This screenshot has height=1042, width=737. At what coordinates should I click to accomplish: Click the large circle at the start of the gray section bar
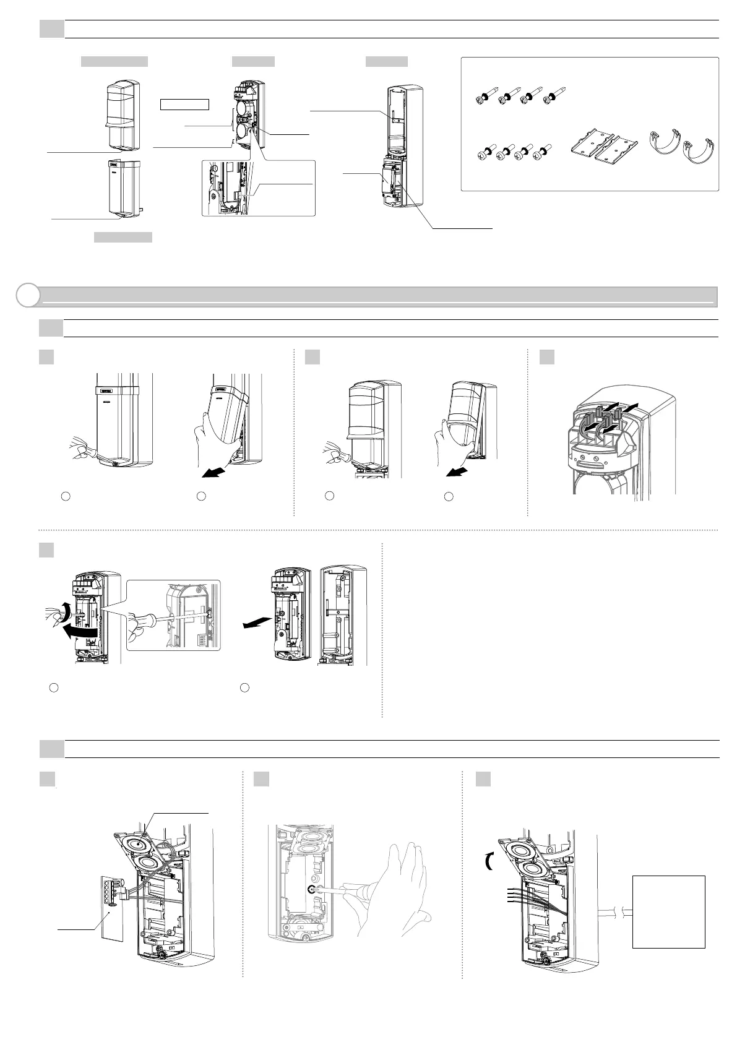tap(27, 296)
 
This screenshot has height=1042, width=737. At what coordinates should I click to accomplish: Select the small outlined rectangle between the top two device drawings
tap(184, 104)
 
